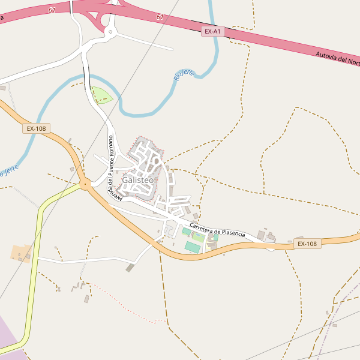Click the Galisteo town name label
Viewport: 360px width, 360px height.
(x=138, y=180)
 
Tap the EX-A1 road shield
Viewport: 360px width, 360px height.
(x=212, y=31)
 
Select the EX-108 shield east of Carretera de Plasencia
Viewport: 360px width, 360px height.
(x=307, y=244)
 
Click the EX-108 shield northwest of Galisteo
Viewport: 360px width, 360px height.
(x=36, y=128)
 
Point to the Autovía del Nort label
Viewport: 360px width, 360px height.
(x=337, y=58)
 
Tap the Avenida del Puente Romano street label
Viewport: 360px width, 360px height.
(x=114, y=167)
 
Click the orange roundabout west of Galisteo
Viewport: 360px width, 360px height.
(x=85, y=184)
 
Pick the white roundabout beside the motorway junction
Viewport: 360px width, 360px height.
(x=110, y=31)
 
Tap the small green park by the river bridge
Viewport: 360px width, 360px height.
(x=101, y=95)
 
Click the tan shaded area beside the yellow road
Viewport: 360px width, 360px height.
(x=21, y=253)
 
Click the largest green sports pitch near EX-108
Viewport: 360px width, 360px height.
(x=193, y=247)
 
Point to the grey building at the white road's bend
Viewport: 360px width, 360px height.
(x=130, y=267)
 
